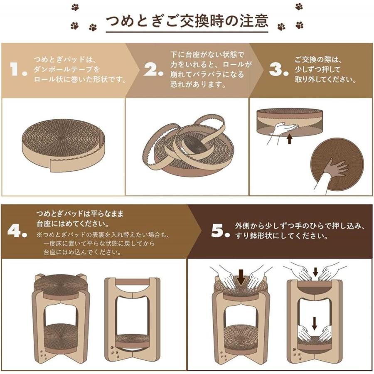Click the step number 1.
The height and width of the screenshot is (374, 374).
coord(19,69)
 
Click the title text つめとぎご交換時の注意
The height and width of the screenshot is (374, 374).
coord(187,21)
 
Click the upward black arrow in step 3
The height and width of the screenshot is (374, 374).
coord(289,138)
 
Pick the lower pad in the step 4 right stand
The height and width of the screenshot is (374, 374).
coord(132,339)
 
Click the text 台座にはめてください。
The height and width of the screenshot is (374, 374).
coord(69,225)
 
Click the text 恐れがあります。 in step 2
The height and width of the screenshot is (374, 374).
coord(198,84)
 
